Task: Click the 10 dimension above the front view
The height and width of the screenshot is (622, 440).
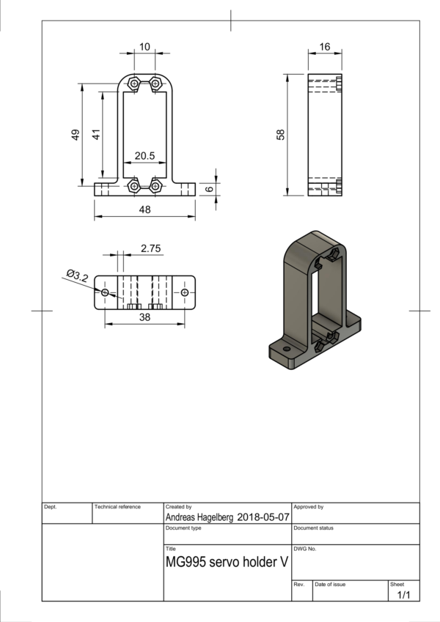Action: pos(144,47)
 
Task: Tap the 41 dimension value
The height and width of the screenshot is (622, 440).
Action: pos(95,135)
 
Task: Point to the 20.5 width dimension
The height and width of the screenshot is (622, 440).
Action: pos(144,156)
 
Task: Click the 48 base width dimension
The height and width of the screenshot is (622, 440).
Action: pos(144,210)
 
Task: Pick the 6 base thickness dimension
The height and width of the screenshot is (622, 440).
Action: pos(209,188)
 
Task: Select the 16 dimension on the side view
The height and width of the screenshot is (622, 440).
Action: pos(325,47)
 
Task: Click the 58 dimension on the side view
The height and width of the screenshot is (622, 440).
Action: pos(280,135)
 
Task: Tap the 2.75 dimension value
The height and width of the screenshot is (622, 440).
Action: pos(150,248)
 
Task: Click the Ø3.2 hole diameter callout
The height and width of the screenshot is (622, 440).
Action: pos(77,276)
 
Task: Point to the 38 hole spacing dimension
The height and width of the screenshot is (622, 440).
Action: pos(144,317)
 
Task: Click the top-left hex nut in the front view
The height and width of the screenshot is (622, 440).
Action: pos(134,83)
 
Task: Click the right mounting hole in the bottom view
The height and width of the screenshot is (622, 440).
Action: pos(184,293)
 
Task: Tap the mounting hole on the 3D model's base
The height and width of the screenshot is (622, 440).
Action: pos(287,351)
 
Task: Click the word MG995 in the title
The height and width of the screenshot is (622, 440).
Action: pos(186,565)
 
